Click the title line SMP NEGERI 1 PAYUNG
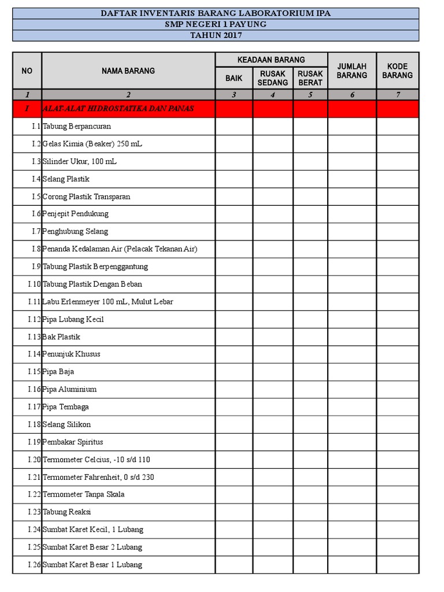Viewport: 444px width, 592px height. (x=216, y=24)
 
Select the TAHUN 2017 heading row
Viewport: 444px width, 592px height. (x=216, y=35)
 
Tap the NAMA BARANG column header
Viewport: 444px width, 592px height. (x=128, y=71)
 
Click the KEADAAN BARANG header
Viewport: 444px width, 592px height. (x=271, y=60)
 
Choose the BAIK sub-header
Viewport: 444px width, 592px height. (x=234, y=78)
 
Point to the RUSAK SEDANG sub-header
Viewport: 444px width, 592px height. (x=273, y=78)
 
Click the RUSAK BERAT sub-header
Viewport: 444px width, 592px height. (x=310, y=78)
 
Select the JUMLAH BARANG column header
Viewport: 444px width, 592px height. (x=352, y=71)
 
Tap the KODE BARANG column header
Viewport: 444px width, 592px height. (x=397, y=71)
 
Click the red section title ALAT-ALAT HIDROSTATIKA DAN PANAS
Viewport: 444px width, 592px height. (x=118, y=108)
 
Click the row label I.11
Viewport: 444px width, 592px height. (x=34, y=302)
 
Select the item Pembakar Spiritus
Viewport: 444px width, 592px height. (x=73, y=442)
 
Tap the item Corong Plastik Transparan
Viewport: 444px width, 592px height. (x=86, y=197)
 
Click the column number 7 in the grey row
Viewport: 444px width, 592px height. (x=398, y=95)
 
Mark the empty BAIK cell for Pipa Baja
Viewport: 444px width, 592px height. (x=234, y=372)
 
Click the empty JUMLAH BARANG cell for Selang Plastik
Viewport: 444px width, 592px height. (x=352, y=179)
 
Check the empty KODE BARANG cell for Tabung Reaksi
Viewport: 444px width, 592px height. (x=398, y=512)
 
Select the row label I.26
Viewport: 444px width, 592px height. (x=34, y=565)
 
